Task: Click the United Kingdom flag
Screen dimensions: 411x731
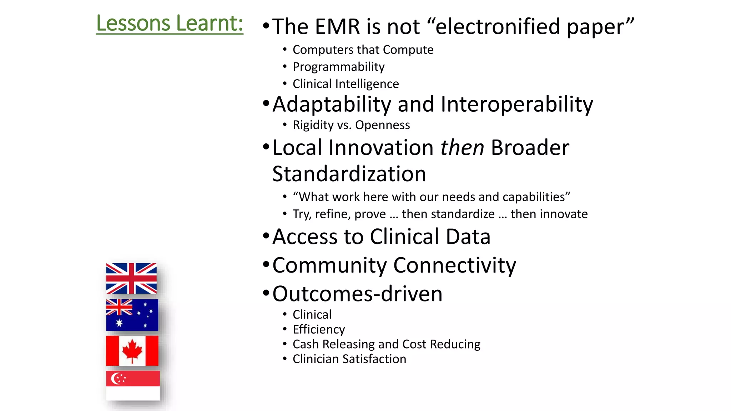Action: (131, 278)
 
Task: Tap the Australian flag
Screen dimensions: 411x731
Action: (132, 315)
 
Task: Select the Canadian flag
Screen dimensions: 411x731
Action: (132, 350)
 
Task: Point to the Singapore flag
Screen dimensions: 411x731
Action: (132, 385)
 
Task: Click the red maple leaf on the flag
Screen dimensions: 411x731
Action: (132, 349)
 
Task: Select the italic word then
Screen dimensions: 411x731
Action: (462, 147)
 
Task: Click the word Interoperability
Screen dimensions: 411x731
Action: (516, 105)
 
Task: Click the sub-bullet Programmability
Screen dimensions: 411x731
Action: (338, 67)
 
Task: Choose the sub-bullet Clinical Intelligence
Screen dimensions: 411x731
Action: (346, 84)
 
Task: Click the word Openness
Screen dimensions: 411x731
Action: (382, 125)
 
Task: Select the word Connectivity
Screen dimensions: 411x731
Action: (454, 265)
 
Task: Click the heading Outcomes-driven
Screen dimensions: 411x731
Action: (357, 294)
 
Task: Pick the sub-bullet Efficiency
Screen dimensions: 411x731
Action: (319, 329)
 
